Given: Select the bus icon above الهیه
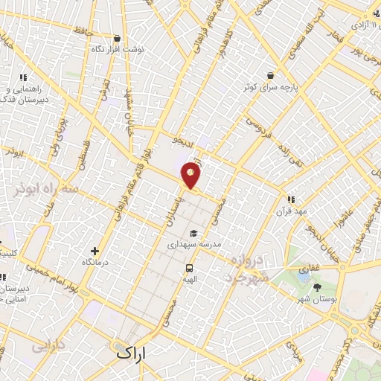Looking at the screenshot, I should tap(189, 268).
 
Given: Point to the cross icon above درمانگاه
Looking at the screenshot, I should tap(94, 252).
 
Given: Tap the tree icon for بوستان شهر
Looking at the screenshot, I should tap(318, 286).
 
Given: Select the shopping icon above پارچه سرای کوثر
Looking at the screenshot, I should tap(269, 75).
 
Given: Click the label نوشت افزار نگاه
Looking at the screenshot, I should tap(117, 49).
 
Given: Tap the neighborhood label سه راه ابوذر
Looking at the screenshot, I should tap(45, 193).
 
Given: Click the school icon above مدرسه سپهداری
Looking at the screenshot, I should tap(193, 231).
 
